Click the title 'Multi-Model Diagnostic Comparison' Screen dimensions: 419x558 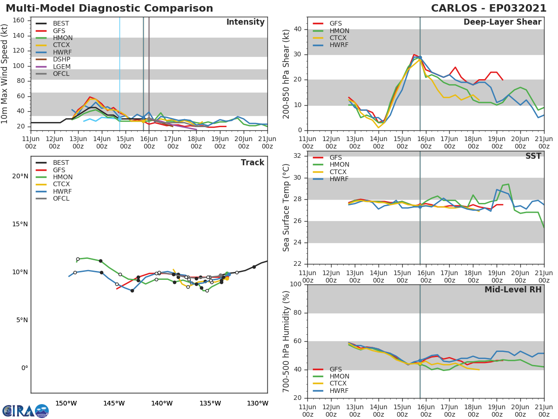coord(109,8)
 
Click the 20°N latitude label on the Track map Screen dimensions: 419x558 coord(20,176)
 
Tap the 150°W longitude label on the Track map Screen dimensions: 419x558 coord(66,403)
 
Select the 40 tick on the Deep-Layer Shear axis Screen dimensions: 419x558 coord(298,29)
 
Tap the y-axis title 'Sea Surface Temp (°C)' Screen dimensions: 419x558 coord(286,207)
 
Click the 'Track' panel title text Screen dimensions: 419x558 coord(252,162)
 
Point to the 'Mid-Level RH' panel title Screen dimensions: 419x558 coord(512,290)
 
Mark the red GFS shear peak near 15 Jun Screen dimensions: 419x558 coord(414,54)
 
